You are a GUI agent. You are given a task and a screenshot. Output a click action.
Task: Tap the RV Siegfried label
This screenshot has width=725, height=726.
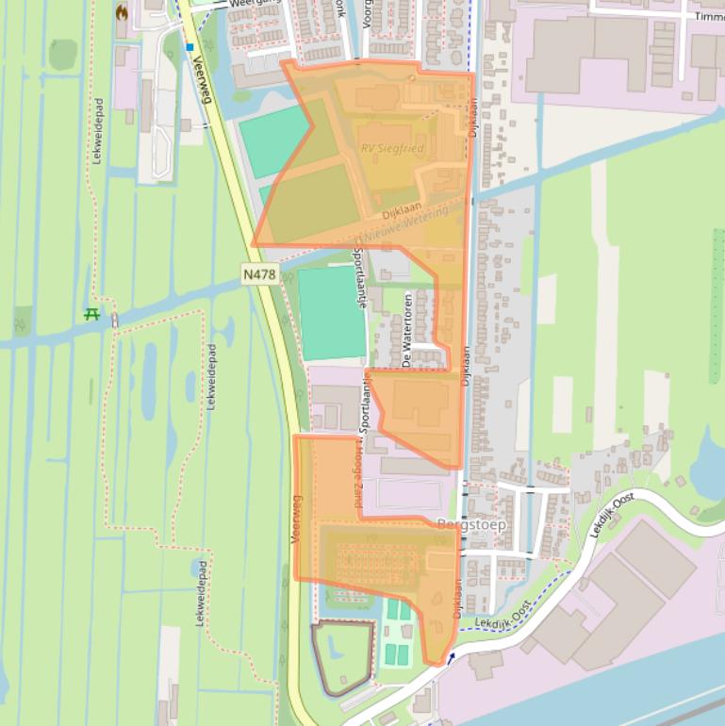pyautogui.click(x=392, y=149)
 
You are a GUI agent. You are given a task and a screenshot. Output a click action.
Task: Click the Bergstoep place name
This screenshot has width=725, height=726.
pyautogui.click(x=472, y=523)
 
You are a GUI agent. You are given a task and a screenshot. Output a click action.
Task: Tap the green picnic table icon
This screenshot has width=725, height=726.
pyautogui.click(x=91, y=314)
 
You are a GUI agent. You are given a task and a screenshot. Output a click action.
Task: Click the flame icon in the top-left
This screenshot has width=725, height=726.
pyautogui.click(x=121, y=12)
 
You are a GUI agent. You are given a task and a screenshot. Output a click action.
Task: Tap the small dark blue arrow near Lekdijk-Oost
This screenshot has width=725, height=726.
pyautogui.click(x=451, y=657)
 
